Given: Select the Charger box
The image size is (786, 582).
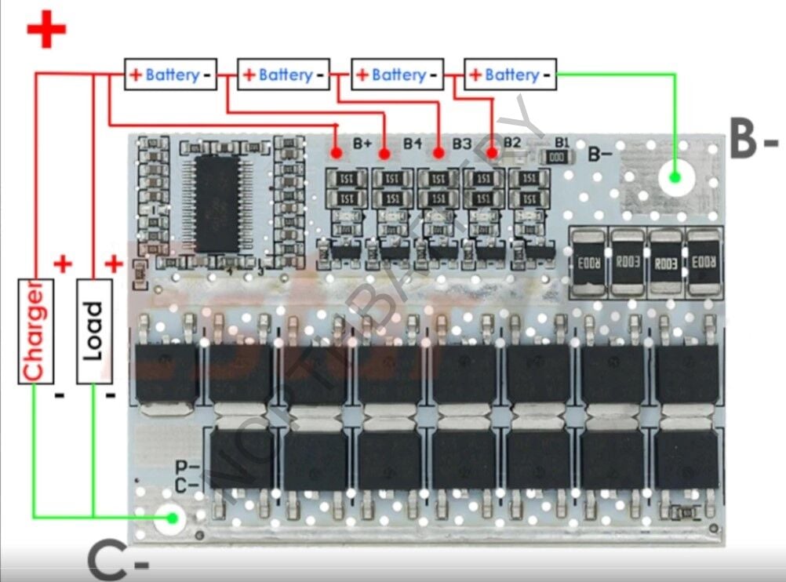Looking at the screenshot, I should (35, 330).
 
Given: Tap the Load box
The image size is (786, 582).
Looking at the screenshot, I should (93, 330).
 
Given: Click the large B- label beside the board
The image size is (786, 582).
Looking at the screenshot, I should (752, 140).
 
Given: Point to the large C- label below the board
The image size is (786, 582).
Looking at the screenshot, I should (118, 558).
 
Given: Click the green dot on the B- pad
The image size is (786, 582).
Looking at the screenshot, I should (675, 177).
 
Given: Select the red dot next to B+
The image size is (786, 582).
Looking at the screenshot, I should (336, 152).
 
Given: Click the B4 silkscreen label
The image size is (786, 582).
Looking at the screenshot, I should (413, 143).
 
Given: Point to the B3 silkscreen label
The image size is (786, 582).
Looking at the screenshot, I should (461, 144).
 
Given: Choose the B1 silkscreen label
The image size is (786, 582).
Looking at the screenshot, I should (562, 142).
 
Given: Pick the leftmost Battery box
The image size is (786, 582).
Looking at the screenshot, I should (170, 75).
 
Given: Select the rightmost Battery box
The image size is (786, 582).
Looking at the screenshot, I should (511, 75).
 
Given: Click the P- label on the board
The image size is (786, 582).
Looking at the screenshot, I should (187, 468).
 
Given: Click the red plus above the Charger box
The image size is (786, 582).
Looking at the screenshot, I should (63, 264).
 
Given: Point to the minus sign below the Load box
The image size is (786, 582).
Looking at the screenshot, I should (111, 394).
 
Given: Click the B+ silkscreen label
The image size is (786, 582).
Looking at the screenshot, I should (362, 143).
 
